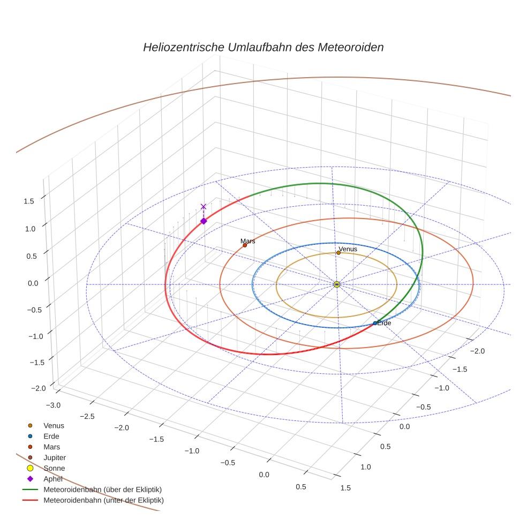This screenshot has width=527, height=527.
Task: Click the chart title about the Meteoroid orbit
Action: coord(263,47)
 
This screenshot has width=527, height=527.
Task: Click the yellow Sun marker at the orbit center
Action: coord(337,284)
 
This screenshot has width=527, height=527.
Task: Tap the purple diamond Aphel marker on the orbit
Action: coord(204,221)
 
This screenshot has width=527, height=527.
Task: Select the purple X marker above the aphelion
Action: coord(203,206)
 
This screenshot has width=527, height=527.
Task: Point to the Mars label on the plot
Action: coord(247,241)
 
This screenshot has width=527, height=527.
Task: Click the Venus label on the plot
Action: coord(348,249)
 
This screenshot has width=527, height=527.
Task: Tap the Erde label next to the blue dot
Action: coord(384,323)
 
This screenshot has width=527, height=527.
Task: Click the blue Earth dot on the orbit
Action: coord(375,323)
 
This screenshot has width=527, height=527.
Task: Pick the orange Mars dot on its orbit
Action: coord(245,245)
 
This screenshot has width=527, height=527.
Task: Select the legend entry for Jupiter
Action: coord(54,457)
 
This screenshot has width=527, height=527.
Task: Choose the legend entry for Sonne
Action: coord(54,468)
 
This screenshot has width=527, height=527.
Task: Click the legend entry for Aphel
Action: coord(53,479)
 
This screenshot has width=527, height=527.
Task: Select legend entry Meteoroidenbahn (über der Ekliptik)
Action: coord(102,490)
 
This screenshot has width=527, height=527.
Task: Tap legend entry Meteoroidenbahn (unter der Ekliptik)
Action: coord(103,500)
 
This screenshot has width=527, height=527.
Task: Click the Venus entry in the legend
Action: coord(54,425)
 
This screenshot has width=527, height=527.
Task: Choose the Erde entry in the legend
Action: coord(51,436)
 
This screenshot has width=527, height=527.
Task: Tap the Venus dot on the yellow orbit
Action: coord(338,253)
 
